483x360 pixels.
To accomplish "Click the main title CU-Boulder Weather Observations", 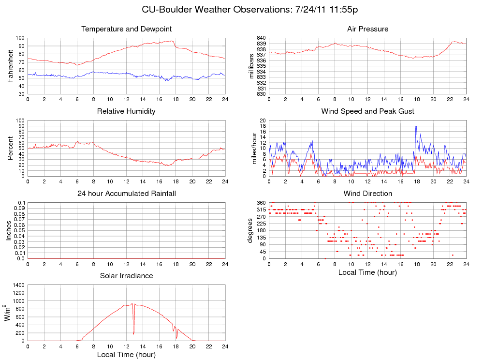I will (x=249, y=10).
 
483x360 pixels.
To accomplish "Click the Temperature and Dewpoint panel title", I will (x=127, y=29).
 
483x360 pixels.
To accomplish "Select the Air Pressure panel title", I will (x=367, y=29).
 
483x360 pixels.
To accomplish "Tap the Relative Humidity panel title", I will (x=126, y=111).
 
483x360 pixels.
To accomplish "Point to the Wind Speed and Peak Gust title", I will (x=367, y=111).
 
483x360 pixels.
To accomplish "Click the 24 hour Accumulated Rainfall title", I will (x=127, y=194).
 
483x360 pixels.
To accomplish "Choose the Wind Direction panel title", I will (x=367, y=194).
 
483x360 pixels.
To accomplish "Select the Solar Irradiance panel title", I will (x=126, y=276).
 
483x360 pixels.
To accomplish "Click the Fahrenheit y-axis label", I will (x=10, y=66).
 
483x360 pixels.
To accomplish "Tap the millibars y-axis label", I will (x=251, y=66).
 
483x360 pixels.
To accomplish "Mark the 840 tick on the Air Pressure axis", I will (x=261, y=38).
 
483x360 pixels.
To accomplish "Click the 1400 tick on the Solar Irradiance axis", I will (x=18, y=285).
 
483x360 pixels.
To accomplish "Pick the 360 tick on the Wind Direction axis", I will (x=261, y=202).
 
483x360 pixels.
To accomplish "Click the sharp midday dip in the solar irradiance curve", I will (x=133, y=333).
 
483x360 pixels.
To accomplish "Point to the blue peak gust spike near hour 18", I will (x=416, y=126).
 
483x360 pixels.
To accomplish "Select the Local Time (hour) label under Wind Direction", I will (x=367, y=272).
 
